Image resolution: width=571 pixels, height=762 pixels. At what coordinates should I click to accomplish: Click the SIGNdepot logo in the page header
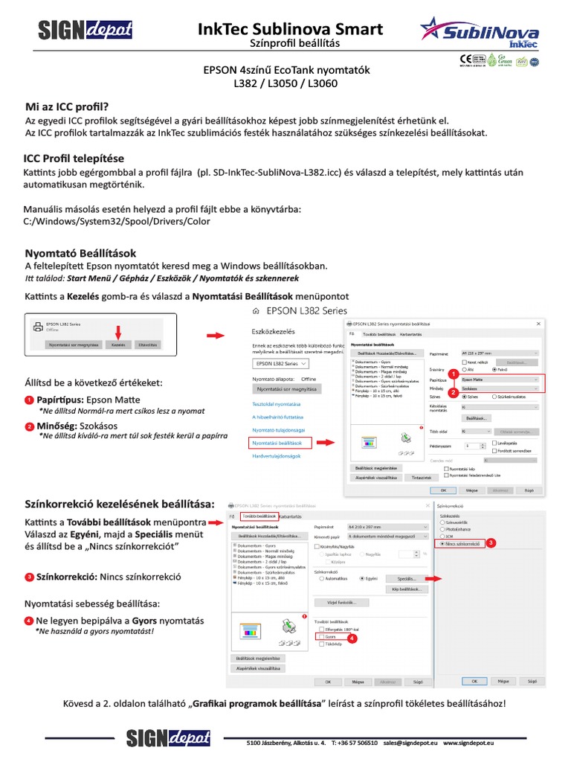[85, 30]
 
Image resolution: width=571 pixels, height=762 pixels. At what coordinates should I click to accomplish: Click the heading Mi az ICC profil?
[67, 106]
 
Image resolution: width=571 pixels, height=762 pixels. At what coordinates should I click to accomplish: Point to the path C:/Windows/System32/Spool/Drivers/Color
[117, 221]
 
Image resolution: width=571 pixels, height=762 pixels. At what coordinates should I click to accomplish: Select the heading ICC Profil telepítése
[74, 159]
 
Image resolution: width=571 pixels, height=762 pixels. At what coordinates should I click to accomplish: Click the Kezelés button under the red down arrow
[117, 345]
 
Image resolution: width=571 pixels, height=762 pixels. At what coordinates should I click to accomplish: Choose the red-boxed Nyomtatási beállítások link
[277, 443]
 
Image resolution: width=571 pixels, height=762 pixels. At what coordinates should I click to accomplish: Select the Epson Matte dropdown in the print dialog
[501, 379]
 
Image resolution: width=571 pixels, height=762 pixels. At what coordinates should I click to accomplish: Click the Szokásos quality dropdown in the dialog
[501, 388]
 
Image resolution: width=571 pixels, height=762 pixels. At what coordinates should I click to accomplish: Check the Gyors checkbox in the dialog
[320, 638]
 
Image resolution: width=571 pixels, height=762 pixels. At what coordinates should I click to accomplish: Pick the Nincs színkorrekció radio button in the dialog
[444, 544]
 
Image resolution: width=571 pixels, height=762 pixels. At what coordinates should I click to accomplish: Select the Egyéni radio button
[362, 577]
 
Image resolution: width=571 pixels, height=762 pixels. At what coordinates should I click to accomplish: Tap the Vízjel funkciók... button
[342, 602]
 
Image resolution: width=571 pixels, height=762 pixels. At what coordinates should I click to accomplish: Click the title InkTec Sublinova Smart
[291, 29]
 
